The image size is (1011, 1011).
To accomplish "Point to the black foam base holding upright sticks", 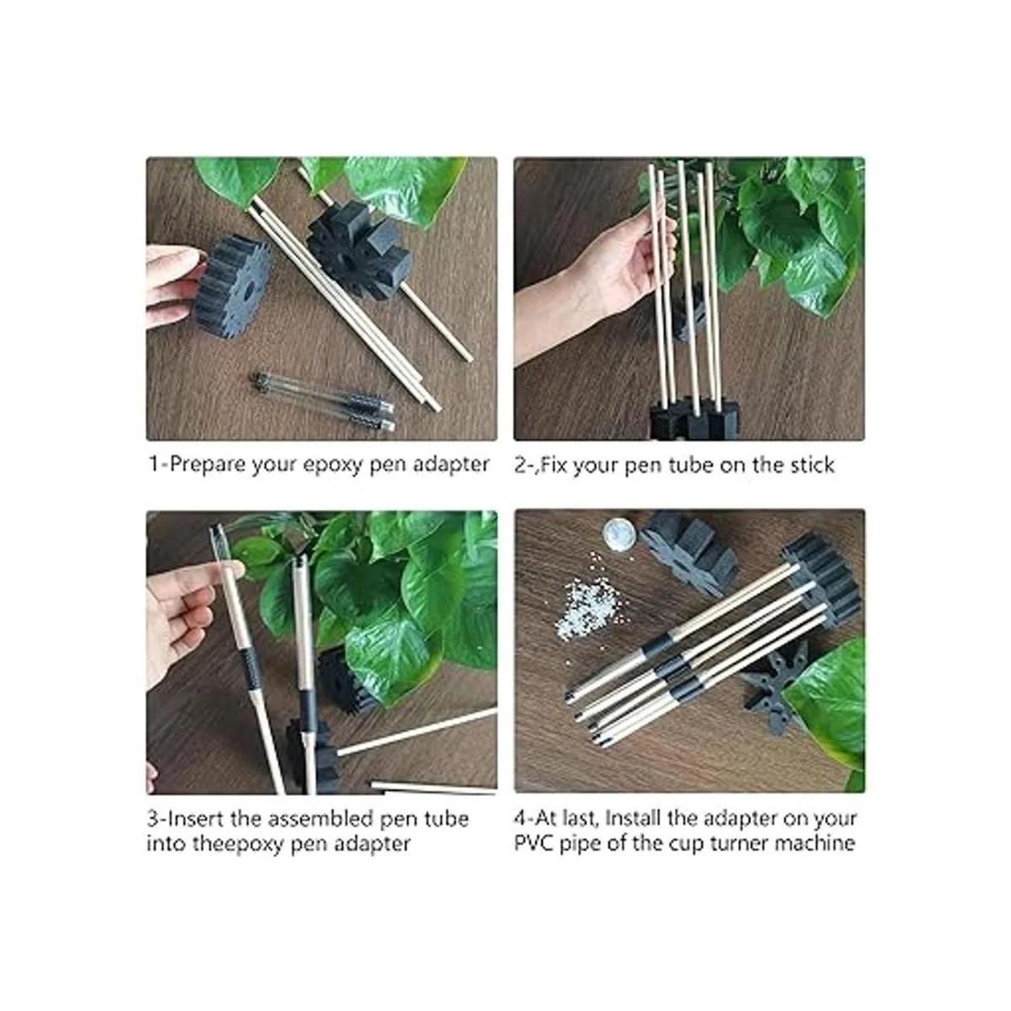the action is coord(693,419).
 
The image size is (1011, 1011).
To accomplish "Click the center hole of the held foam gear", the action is coord(247,288).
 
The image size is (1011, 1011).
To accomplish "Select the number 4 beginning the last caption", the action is coord(520,818).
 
